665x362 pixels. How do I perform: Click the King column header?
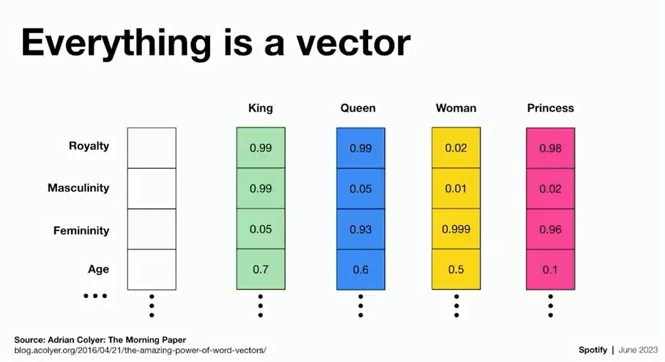click(261, 108)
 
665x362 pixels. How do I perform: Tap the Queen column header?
click(358, 108)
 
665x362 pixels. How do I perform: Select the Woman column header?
click(456, 108)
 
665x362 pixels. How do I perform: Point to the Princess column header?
click(550, 108)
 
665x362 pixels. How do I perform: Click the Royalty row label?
click(89, 146)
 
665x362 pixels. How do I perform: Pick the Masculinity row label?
click(78, 187)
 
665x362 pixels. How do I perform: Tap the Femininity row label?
click(81, 230)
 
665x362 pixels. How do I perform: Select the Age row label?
click(98, 269)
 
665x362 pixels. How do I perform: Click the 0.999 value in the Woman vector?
click(456, 229)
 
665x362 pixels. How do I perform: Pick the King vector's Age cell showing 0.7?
click(261, 269)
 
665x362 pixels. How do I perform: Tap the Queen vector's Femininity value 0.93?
click(360, 229)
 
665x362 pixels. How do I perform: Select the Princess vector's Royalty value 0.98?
click(550, 148)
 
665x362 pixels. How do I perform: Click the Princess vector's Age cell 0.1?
click(550, 270)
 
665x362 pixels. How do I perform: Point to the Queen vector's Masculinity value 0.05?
click(360, 189)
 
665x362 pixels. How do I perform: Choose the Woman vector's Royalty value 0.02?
click(456, 148)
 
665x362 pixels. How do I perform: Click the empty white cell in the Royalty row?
click(152, 148)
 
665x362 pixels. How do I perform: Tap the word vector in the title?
click(353, 43)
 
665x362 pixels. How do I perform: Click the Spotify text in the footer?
click(593, 350)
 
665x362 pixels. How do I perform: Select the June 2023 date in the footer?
click(638, 350)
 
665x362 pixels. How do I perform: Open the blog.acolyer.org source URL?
click(140, 351)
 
